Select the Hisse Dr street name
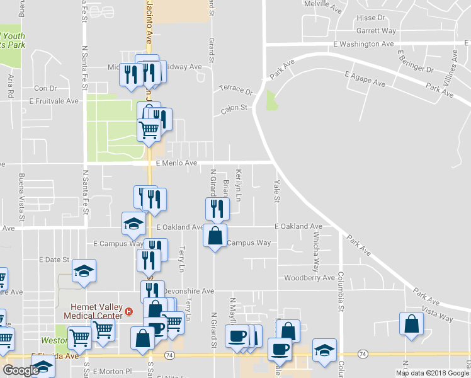pyautogui.click(x=370, y=18)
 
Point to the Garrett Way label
pyautogui.click(x=376, y=30)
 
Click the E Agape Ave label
pyautogui.click(x=365, y=79)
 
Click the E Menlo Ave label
pyautogui.click(x=177, y=163)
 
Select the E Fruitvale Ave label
pyautogui.click(x=54, y=101)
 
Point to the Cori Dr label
pyautogui.click(x=45, y=88)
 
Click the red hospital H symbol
pyautogui.click(x=128, y=311)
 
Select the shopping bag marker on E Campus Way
pyautogui.click(x=215, y=236)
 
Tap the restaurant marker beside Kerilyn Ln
pyautogui.click(x=217, y=209)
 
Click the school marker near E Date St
pyautogui.click(x=84, y=271)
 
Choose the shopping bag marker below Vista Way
pyautogui.click(x=411, y=323)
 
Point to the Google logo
pyautogui.click(x=21, y=370)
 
